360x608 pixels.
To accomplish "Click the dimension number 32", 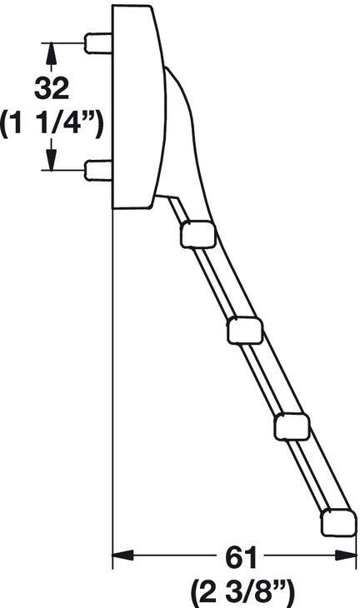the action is pos(52,88).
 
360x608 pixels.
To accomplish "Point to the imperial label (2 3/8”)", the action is pos(242,593).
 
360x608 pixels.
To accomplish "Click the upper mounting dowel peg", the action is pos(98,43).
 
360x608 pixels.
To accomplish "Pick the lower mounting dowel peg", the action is pos(98,170).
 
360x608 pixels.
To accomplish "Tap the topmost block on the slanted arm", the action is pos(197,234).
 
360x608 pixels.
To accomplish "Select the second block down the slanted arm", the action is pos(245,331).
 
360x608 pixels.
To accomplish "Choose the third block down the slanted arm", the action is pos(292,427).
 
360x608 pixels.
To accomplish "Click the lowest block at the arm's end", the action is pos(338,523).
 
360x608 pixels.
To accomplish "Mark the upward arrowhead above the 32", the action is pos(51,53).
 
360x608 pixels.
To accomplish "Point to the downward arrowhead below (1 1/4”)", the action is pos(51,160).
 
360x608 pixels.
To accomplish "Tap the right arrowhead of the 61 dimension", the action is pos(346,555).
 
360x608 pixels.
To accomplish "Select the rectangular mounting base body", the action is pos(137,107).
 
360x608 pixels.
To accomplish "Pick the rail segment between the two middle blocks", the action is pos(264,378).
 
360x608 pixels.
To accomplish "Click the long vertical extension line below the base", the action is pos(112,389).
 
